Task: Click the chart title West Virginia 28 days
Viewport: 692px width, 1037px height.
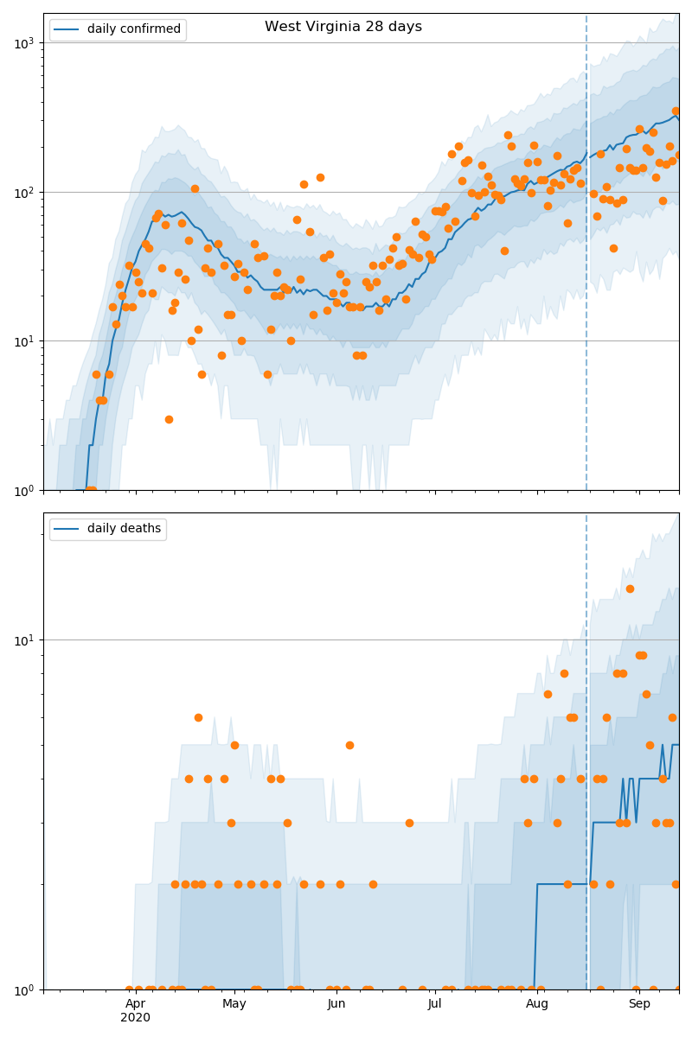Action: [343, 27]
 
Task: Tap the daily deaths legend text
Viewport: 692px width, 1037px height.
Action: [124, 529]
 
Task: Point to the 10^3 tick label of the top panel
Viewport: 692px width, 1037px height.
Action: [26, 42]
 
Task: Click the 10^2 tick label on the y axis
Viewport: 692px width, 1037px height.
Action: [26, 192]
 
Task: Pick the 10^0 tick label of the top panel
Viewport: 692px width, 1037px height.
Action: [26, 490]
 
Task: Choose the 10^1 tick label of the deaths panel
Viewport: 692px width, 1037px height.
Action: [26, 640]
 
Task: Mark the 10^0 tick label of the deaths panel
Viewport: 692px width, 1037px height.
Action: [26, 989]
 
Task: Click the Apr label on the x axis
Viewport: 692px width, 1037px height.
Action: [136, 1003]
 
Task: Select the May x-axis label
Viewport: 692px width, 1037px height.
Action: [234, 1003]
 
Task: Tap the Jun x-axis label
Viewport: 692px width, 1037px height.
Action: [336, 1003]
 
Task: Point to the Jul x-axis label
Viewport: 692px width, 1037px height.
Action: [434, 1003]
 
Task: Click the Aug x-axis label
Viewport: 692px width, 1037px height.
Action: [537, 1003]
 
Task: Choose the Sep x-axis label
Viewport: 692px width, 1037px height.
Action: [639, 1003]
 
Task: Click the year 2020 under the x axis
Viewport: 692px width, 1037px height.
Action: [136, 1018]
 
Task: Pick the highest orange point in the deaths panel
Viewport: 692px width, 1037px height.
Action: [630, 588]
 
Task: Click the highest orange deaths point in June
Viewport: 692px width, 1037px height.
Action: [349, 745]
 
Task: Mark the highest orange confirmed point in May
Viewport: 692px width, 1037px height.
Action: [320, 177]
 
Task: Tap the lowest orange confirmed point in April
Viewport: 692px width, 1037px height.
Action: [169, 419]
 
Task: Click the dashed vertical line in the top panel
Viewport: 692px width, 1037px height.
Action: [586, 259]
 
